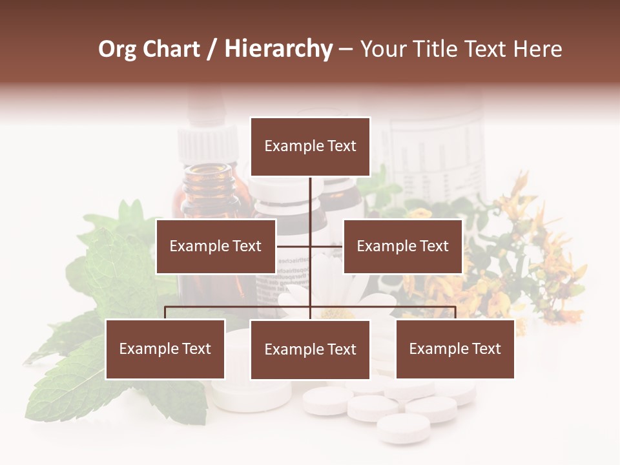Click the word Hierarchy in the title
tap(278, 49)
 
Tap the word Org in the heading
tap(118, 49)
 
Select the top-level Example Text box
tap(310, 147)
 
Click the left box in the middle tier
tap(216, 246)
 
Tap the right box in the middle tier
tap(402, 246)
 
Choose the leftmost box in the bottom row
tap(165, 349)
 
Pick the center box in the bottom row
tap(310, 349)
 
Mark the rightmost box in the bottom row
tap(455, 349)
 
